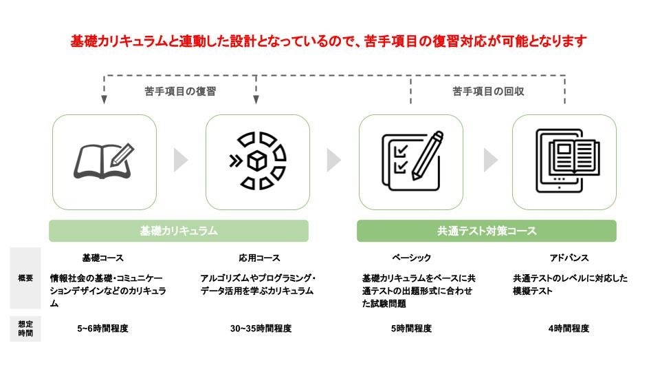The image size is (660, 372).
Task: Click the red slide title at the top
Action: (x=329, y=41)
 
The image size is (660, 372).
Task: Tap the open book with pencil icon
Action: (x=104, y=161)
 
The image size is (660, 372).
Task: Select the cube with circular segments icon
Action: (x=258, y=161)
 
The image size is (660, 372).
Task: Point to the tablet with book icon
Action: (x=565, y=161)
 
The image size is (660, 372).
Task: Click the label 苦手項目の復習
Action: (x=180, y=91)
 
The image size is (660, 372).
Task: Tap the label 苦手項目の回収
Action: (x=488, y=91)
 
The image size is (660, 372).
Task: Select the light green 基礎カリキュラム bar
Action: (x=179, y=231)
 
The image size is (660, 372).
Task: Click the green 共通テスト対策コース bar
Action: (x=487, y=231)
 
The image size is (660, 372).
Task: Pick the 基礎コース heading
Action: (x=103, y=258)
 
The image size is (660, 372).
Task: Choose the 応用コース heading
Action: (x=260, y=258)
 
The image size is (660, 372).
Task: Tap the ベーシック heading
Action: (x=411, y=258)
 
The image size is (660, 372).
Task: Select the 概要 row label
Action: (x=25, y=278)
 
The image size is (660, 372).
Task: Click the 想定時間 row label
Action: (x=25, y=329)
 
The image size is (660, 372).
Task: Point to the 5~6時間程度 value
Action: (x=103, y=329)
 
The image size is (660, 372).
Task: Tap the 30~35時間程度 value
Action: (x=261, y=329)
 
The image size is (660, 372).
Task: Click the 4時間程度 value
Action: (x=569, y=329)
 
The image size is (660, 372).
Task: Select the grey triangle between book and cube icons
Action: (x=181, y=161)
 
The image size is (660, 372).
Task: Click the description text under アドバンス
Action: (x=569, y=285)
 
